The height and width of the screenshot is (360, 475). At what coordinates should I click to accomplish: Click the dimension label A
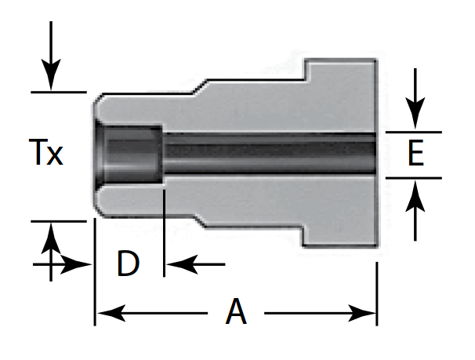(x=236, y=314)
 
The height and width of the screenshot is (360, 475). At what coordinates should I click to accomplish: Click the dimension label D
(x=128, y=264)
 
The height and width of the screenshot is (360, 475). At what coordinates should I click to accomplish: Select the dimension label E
(x=415, y=155)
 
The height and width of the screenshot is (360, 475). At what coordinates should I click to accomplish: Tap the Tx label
(x=46, y=153)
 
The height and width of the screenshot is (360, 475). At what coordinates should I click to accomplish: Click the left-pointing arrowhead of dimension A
(x=106, y=315)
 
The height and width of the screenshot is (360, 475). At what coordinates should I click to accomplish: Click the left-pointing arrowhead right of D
(x=176, y=264)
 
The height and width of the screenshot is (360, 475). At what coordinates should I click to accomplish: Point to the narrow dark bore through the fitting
(x=267, y=154)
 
